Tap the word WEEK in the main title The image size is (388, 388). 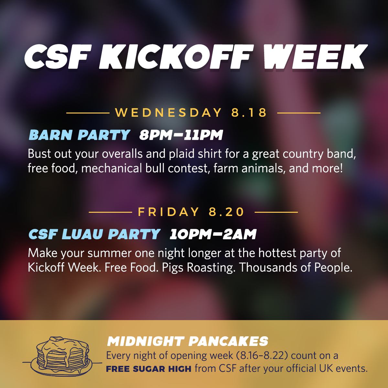(x=314, y=57)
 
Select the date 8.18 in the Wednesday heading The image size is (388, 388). (x=249, y=113)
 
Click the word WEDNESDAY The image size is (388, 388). (x=168, y=113)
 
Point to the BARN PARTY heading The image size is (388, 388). (x=80, y=135)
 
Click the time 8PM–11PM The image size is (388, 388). (x=181, y=135)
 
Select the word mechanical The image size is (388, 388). (x=112, y=168)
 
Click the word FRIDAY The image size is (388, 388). (x=168, y=212)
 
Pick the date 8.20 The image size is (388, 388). (x=226, y=212)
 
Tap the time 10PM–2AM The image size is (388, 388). (x=213, y=234)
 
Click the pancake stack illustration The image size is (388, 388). (x=62, y=355)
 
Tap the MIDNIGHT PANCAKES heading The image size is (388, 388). (x=188, y=341)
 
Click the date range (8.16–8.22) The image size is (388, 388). (x=261, y=356)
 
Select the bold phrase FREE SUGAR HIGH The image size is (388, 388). (x=149, y=369)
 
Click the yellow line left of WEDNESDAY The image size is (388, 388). (x=88, y=113)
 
